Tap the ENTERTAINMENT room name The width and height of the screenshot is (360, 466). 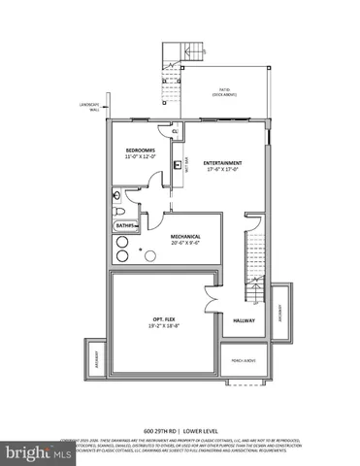pos(223,162)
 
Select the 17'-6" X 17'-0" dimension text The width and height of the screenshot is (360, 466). pos(223,170)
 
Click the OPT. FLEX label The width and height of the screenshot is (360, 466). pos(163,319)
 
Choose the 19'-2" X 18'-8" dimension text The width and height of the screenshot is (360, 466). pos(163,327)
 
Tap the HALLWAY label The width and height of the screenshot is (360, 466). pos(243,319)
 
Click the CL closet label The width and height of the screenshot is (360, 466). pos(175,132)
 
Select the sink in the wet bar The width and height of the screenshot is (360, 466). pos(179,165)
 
